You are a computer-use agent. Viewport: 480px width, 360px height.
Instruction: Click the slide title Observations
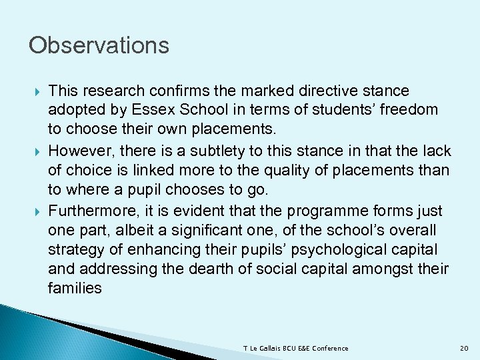(x=99, y=46)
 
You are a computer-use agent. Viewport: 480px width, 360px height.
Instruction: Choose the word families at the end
(x=75, y=288)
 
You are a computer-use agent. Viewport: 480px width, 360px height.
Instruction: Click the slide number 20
(x=465, y=349)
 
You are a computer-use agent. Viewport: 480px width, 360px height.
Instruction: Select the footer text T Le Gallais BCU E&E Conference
(x=297, y=349)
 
